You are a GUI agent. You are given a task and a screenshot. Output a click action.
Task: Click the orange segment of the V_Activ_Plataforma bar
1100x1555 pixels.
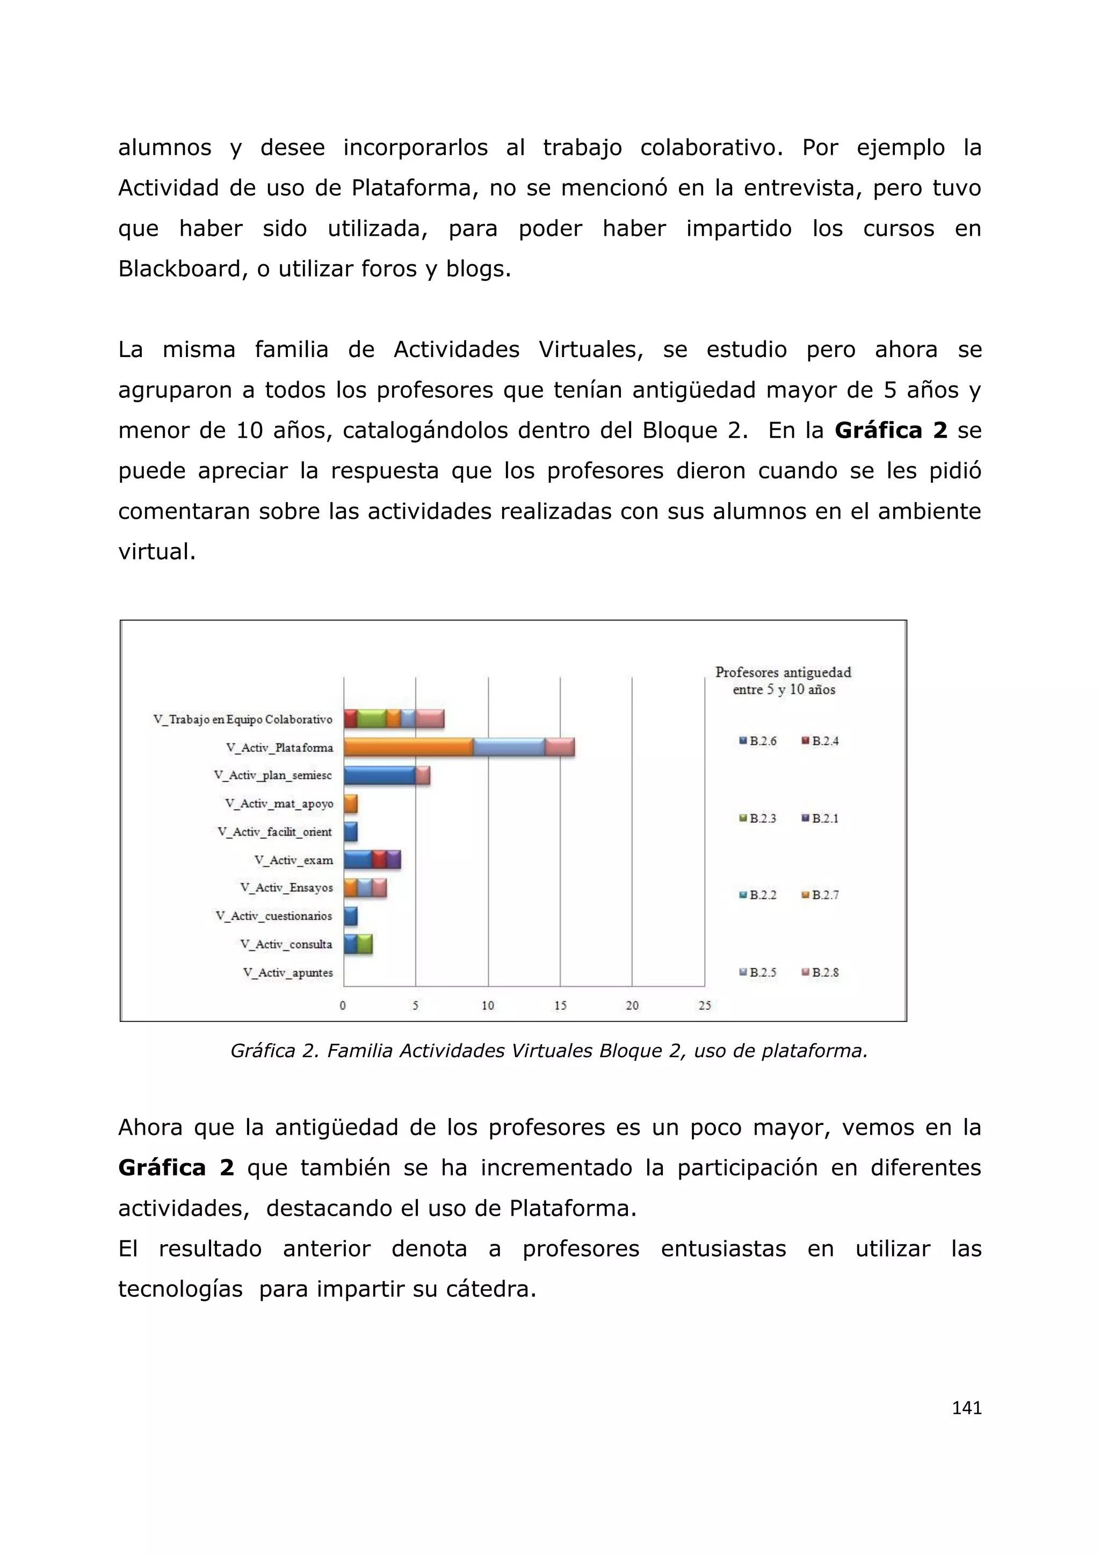[408, 747]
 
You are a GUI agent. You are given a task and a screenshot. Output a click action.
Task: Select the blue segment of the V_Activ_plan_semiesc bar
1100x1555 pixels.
[379, 775]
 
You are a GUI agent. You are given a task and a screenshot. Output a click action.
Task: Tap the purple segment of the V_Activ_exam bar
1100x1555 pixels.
[394, 860]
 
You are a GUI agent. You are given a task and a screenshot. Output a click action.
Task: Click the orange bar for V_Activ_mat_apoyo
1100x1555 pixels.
[350, 804]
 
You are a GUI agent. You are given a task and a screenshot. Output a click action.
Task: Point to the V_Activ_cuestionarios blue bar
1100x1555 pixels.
[350, 915]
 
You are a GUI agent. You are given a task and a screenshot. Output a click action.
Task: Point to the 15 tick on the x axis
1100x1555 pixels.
[560, 1005]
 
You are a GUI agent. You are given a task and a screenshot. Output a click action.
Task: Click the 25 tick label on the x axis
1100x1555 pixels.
[705, 1005]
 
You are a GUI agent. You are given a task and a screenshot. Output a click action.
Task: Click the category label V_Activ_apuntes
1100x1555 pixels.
[288, 972]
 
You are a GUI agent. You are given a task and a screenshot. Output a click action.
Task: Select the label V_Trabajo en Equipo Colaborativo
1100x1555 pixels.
[242, 720]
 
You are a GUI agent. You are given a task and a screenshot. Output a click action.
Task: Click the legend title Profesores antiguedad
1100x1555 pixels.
[783, 672]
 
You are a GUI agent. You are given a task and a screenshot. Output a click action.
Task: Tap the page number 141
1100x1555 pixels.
[967, 1407]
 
